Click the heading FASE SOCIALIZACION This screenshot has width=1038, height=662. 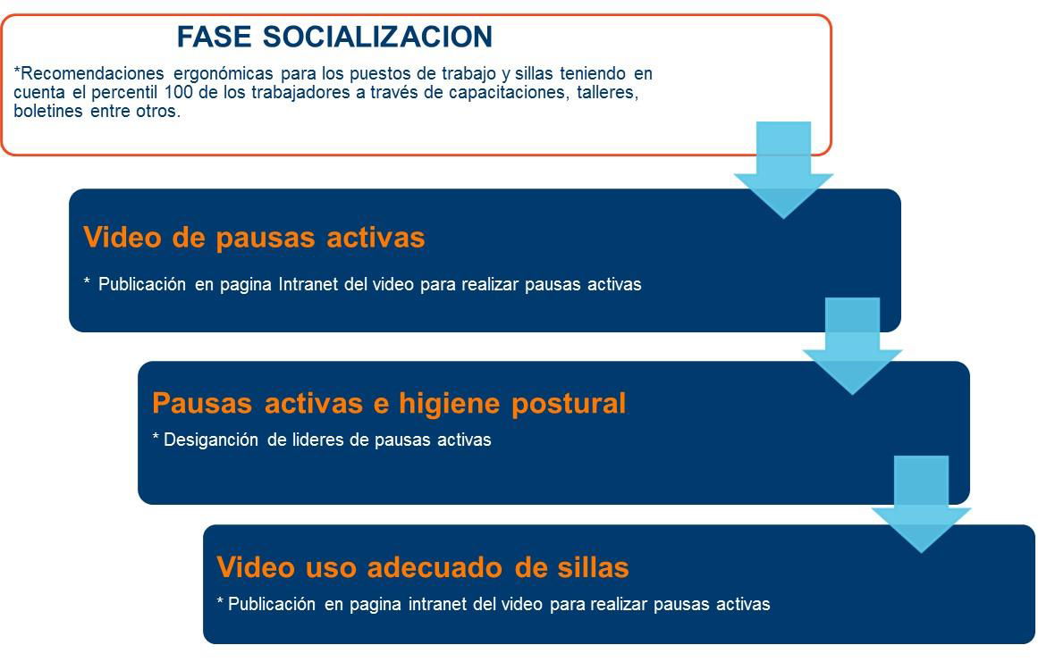point(334,37)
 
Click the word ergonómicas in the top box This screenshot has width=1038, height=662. point(224,73)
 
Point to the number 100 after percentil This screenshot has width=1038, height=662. point(179,92)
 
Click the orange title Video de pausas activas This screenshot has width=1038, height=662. point(254,238)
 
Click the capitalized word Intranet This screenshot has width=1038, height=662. point(308,284)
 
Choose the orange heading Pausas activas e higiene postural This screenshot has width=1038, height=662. point(389,403)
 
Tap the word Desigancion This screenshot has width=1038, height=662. point(210,440)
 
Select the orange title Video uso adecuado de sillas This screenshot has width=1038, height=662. point(422,566)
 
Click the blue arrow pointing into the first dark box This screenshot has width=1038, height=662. point(783,170)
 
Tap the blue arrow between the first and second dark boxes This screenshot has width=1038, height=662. point(852,346)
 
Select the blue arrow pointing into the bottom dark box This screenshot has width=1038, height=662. point(921,504)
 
